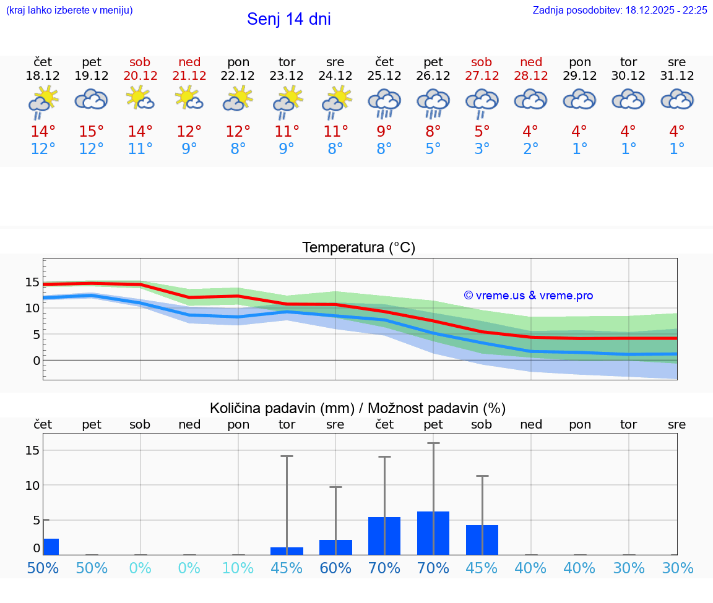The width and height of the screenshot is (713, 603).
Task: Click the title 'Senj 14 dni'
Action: (288, 19)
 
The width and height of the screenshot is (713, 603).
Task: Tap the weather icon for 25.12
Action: (384, 103)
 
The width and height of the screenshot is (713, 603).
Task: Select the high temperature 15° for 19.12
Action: (92, 132)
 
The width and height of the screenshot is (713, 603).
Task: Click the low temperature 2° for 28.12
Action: (530, 149)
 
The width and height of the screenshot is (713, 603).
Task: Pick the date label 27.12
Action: (482, 76)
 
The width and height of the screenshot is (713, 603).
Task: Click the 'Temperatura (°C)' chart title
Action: (358, 248)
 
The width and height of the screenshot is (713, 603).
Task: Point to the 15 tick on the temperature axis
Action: (32, 283)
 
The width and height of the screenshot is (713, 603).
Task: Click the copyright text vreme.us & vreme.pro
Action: (528, 296)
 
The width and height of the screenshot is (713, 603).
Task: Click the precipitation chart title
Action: (358, 408)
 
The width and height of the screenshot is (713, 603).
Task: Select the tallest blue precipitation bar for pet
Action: (433, 533)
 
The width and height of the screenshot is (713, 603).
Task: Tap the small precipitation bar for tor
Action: (287, 551)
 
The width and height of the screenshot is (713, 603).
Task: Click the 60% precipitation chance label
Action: (335, 568)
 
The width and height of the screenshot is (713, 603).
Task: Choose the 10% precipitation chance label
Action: (238, 568)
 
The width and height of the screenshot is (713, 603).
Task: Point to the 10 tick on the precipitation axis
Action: (32, 485)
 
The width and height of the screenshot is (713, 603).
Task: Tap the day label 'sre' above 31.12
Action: (677, 62)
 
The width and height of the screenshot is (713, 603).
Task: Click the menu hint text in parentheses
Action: (69, 11)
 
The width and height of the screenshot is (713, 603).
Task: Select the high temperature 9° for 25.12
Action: (384, 132)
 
